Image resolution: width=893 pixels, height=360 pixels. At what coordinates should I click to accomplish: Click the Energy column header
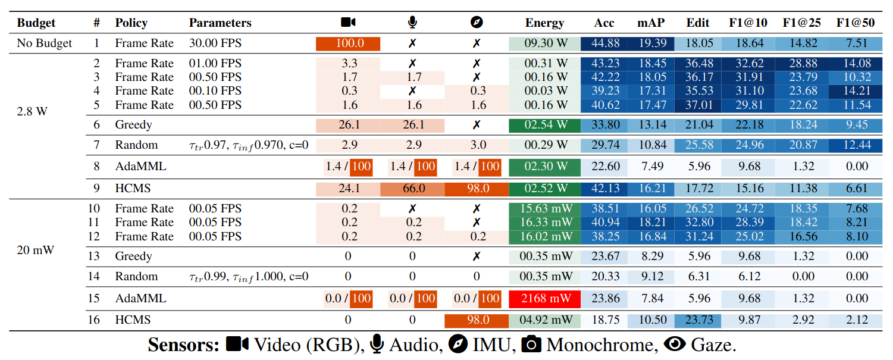click(544, 23)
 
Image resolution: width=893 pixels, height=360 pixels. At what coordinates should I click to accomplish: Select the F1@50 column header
click(856, 23)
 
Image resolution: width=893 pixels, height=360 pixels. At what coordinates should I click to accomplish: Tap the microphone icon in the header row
click(413, 23)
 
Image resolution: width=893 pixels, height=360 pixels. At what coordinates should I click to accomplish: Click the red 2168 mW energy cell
click(544, 299)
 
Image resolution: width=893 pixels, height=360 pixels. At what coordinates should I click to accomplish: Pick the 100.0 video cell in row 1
click(348, 43)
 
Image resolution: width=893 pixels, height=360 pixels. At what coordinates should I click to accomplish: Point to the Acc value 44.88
click(604, 43)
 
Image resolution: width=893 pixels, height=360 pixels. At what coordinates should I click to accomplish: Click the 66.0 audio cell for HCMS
click(413, 188)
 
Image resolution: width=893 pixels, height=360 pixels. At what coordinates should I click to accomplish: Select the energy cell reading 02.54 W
click(544, 125)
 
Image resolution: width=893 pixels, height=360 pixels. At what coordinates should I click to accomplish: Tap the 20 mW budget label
click(36, 251)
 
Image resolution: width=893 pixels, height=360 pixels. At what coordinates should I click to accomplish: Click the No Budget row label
click(44, 43)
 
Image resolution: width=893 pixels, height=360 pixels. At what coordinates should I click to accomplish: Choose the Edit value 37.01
click(698, 105)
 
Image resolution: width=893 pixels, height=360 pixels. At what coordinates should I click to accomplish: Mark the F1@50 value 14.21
click(856, 91)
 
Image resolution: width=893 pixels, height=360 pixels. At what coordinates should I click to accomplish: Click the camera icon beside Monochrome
click(531, 344)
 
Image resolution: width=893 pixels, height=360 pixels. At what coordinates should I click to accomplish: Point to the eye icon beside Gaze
click(675, 344)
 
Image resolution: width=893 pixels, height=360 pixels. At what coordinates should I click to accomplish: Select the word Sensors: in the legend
click(184, 345)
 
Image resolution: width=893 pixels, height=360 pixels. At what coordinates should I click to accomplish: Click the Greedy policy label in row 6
click(133, 125)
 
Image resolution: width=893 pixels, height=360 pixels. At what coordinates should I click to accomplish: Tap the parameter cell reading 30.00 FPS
click(215, 43)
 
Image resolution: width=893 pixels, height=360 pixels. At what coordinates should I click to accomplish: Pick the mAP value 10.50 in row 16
click(651, 320)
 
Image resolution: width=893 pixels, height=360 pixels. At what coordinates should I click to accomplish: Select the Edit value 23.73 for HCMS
click(698, 320)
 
